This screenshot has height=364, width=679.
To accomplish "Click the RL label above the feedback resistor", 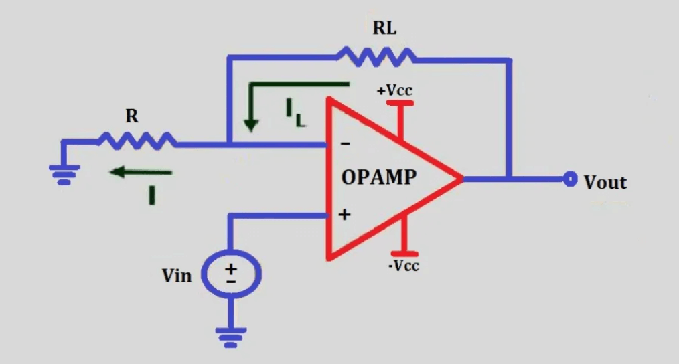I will click(x=384, y=29).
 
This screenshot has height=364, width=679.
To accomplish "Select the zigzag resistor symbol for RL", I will click(x=375, y=57).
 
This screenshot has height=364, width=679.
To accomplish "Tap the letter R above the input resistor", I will click(x=132, y=116).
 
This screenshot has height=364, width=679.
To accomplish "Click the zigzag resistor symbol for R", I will click(x=137, y=141).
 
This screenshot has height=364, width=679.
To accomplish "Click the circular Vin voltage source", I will click(x=231, y=275).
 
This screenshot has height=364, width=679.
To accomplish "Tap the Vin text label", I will click(x=177, y=275).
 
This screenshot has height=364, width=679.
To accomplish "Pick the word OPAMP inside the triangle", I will click(x=379, y=177).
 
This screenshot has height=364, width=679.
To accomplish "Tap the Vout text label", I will click(x=605, y=182).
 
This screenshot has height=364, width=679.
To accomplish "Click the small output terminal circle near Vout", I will click(x=570, y=179).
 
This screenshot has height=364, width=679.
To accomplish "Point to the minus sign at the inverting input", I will click(x=345, y=143).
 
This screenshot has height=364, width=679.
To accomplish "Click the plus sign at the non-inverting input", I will click(x=345, y=215).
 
